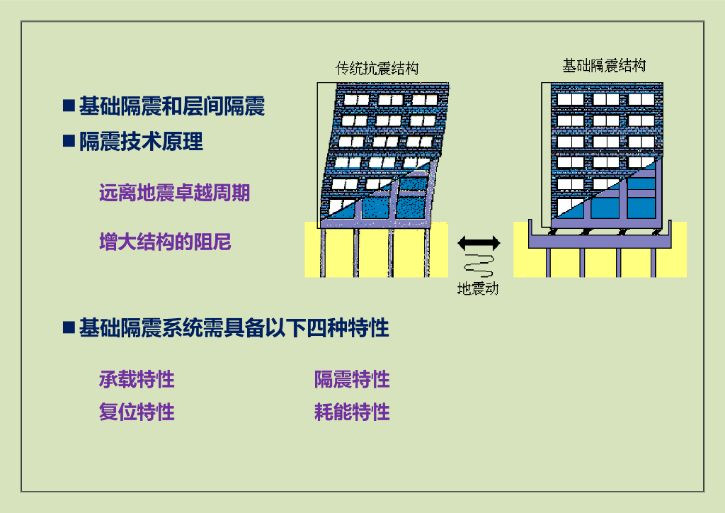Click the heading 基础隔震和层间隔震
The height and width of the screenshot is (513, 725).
click(171, 107)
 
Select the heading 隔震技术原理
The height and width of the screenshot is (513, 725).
click(141, 142)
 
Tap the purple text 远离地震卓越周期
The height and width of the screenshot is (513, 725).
click(174, 193)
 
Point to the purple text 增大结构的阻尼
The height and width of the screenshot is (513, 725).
click(165, 242)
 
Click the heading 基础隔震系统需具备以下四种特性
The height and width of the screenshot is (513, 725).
click(234, 328)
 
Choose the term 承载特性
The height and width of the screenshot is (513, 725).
click(137, 379)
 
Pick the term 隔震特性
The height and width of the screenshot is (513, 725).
click(352, 379)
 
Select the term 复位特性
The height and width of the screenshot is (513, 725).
click(137, 412)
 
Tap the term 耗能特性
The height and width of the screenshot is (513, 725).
click(352, 412)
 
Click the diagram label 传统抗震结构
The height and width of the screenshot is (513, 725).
click(377, 69)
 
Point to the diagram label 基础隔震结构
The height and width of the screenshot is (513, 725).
click(604, 66)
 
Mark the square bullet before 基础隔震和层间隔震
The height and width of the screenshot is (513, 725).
click(69, 107)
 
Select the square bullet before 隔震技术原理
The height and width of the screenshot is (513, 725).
click(69, 142)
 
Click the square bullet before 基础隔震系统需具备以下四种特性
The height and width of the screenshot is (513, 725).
click(69, 328)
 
